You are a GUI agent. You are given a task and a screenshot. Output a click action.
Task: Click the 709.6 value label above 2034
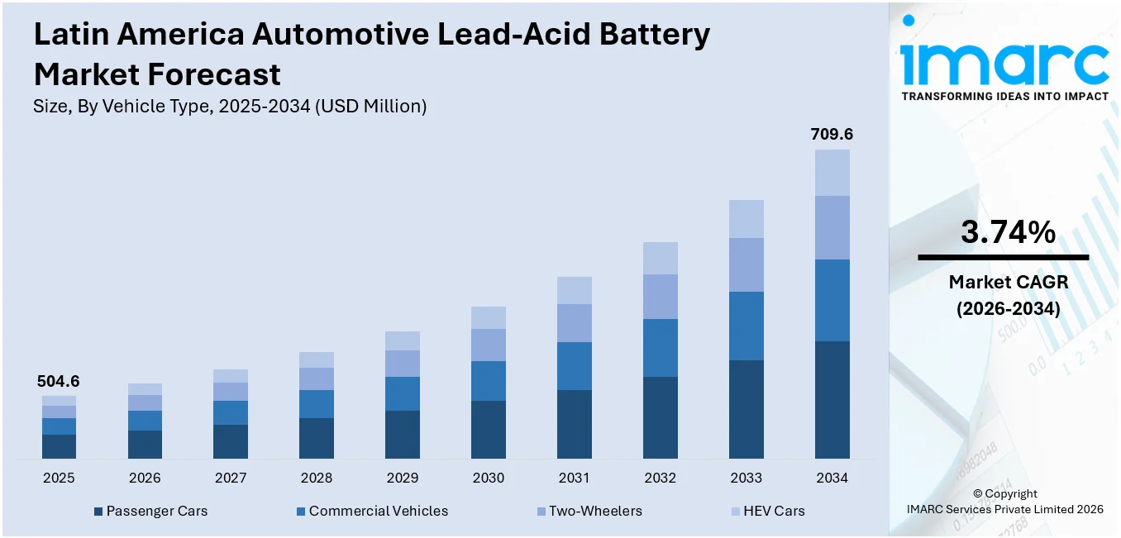click(x=832, y=134)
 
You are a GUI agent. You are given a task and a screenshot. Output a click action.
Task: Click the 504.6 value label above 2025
click(x=59, y=382)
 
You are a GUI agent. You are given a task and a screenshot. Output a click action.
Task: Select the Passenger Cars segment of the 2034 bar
click(x=832, y=400)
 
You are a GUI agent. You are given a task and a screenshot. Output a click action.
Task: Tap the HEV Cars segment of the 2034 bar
click(x=832, y=173)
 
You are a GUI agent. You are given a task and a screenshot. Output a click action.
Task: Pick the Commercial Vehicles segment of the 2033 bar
click(x=746, y=326)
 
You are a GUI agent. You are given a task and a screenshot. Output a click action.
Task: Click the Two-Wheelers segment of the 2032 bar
click(x=660, y=297)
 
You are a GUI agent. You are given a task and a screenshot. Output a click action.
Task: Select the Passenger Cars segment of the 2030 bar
click(x=489, y=430)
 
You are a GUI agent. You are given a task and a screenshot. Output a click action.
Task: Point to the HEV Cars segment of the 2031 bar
click(x=574, y=290)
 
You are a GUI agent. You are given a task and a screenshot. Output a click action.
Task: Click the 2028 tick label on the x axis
click(x=317, y=478)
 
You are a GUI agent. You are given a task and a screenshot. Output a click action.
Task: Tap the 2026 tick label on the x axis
click(x=145, y=478)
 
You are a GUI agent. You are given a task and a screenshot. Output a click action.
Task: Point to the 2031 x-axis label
click(x=574, y=478)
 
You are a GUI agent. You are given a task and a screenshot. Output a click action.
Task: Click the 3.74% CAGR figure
click(x=1008, y=233)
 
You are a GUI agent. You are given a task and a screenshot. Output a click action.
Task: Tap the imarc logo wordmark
click(x=1004, y=62)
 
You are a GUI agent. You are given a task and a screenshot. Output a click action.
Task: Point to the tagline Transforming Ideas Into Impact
click(x=1004, y=97)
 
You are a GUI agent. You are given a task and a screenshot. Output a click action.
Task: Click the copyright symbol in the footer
click(x=977, y=494)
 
